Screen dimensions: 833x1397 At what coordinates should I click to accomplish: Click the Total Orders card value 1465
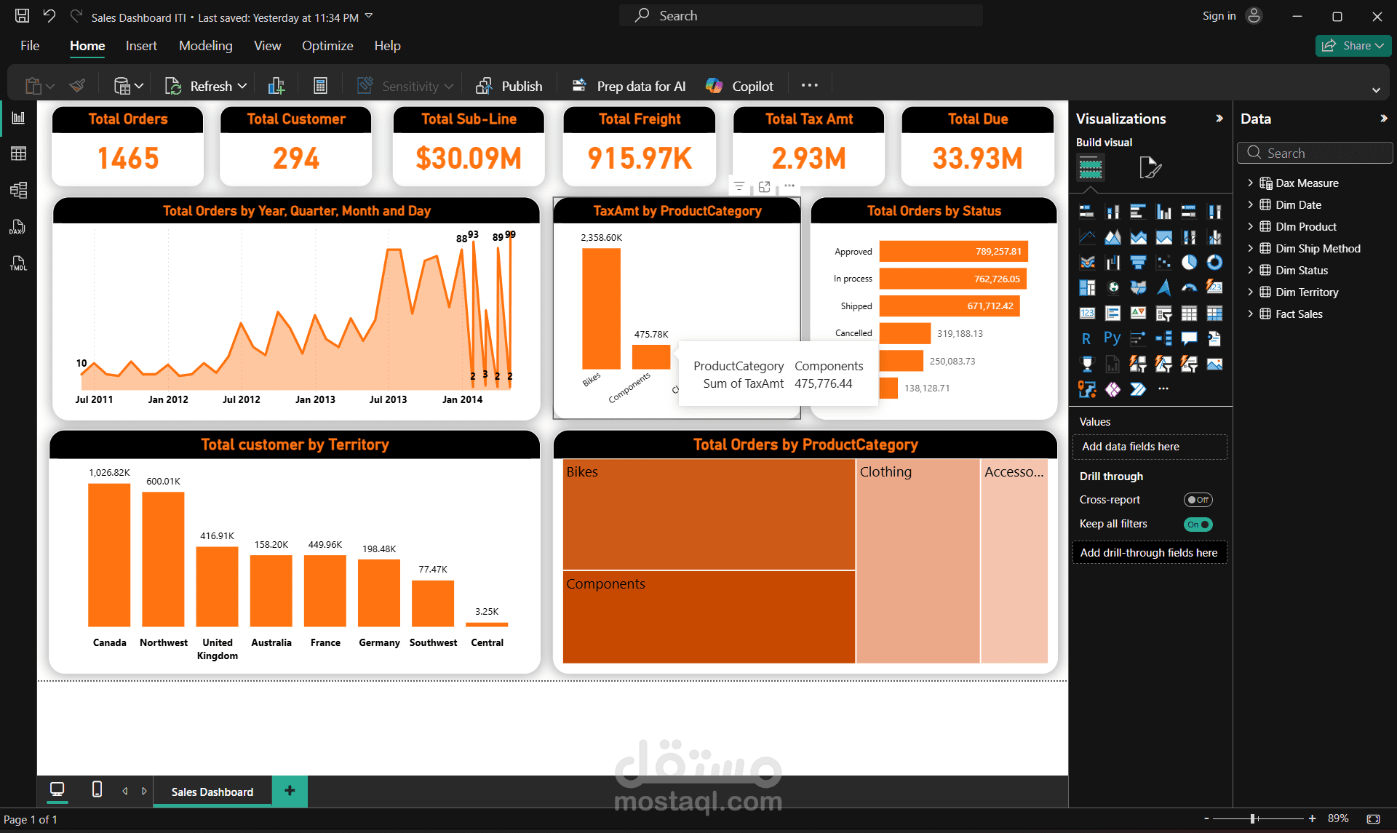(x=128, y=158)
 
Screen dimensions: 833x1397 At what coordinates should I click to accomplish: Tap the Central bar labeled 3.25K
(x=487, y=624)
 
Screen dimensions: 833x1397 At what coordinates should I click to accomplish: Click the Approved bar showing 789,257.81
(x=952, y=252)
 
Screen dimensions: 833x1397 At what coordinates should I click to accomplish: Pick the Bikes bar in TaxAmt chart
(x=601, y=309)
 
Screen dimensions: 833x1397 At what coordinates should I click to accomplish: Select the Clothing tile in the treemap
(x=918, y=560)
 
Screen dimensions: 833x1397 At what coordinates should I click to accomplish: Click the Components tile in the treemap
(x=708, y=617)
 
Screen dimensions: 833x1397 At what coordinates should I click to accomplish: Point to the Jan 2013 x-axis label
(x=315, y=399)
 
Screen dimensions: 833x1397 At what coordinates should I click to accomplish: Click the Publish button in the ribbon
(x=509, y=86)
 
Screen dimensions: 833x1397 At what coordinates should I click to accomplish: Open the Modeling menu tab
(x=205, y=46)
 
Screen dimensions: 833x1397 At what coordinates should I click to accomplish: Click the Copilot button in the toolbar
(x=740, y=86)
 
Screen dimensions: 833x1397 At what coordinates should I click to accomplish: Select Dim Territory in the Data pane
(x=1307, y=292)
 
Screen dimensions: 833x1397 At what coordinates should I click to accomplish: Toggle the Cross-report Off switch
(x=1198, y=500)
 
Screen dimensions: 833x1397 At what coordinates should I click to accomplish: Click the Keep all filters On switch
(x=1198, y=524)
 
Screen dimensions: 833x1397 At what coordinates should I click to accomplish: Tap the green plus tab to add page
(x=290, y=791)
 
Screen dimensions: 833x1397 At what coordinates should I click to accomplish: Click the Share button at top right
(x=1353, y=46)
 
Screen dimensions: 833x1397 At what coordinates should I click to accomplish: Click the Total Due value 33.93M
(x=977, y=158)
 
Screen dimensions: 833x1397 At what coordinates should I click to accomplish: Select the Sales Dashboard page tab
(x=212, y=792)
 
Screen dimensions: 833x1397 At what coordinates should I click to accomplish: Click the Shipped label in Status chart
(x=856, y=306)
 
